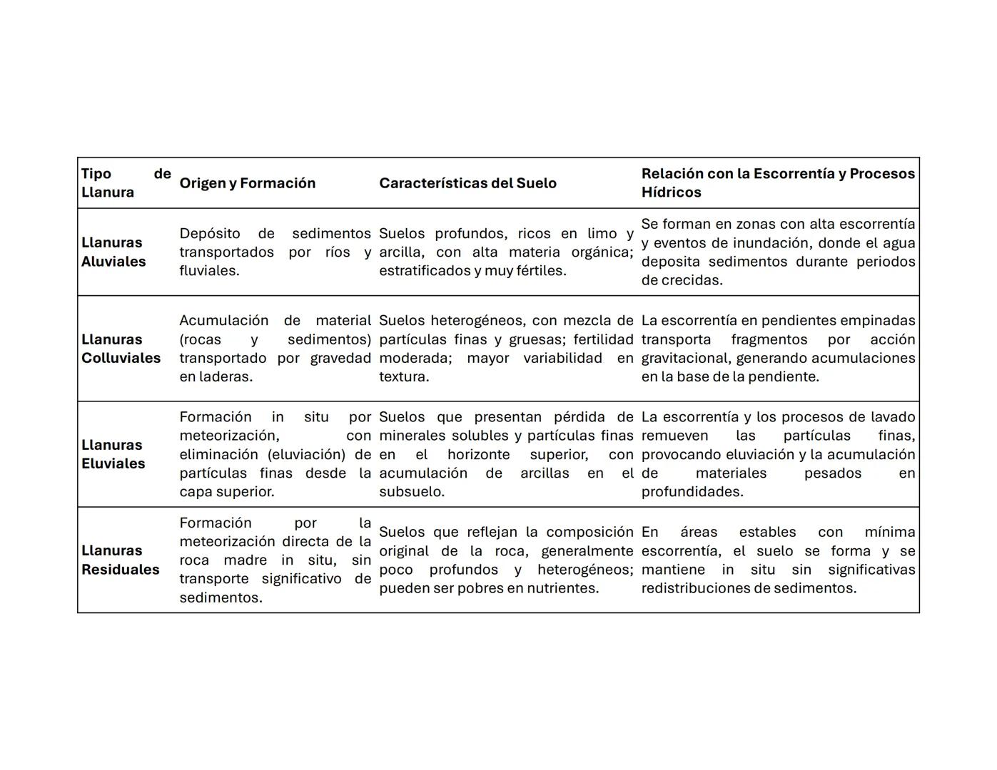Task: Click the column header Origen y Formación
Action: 247,183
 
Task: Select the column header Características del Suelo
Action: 467,183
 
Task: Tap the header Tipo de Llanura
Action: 126,183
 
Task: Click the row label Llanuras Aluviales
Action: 113,252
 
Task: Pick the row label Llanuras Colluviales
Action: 121,349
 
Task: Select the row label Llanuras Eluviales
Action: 113,454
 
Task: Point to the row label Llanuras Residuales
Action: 120,560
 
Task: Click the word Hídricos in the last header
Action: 671,192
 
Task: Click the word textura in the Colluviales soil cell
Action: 403,376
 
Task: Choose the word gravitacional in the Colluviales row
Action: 684,358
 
